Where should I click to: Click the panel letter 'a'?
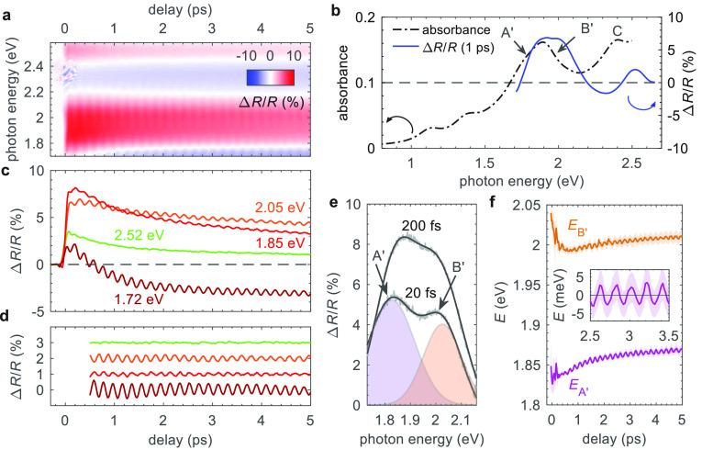click(x=8, y=12)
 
